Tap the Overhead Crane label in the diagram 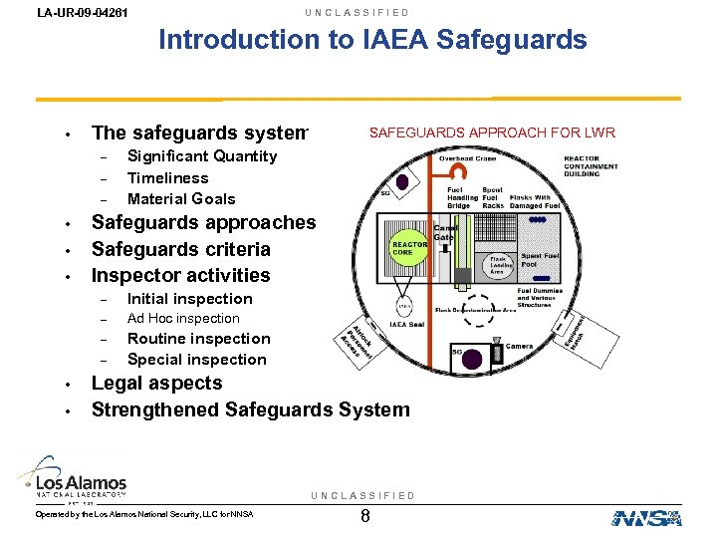[468, 158]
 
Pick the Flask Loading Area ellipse [498, 264]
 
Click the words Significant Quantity [202, 156]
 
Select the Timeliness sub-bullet [167, 177]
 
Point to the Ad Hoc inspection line [183, 319]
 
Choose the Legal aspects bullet [156, 384]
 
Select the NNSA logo [646, 517]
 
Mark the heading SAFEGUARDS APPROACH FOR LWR [492, 133]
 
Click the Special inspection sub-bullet [196, 360]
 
